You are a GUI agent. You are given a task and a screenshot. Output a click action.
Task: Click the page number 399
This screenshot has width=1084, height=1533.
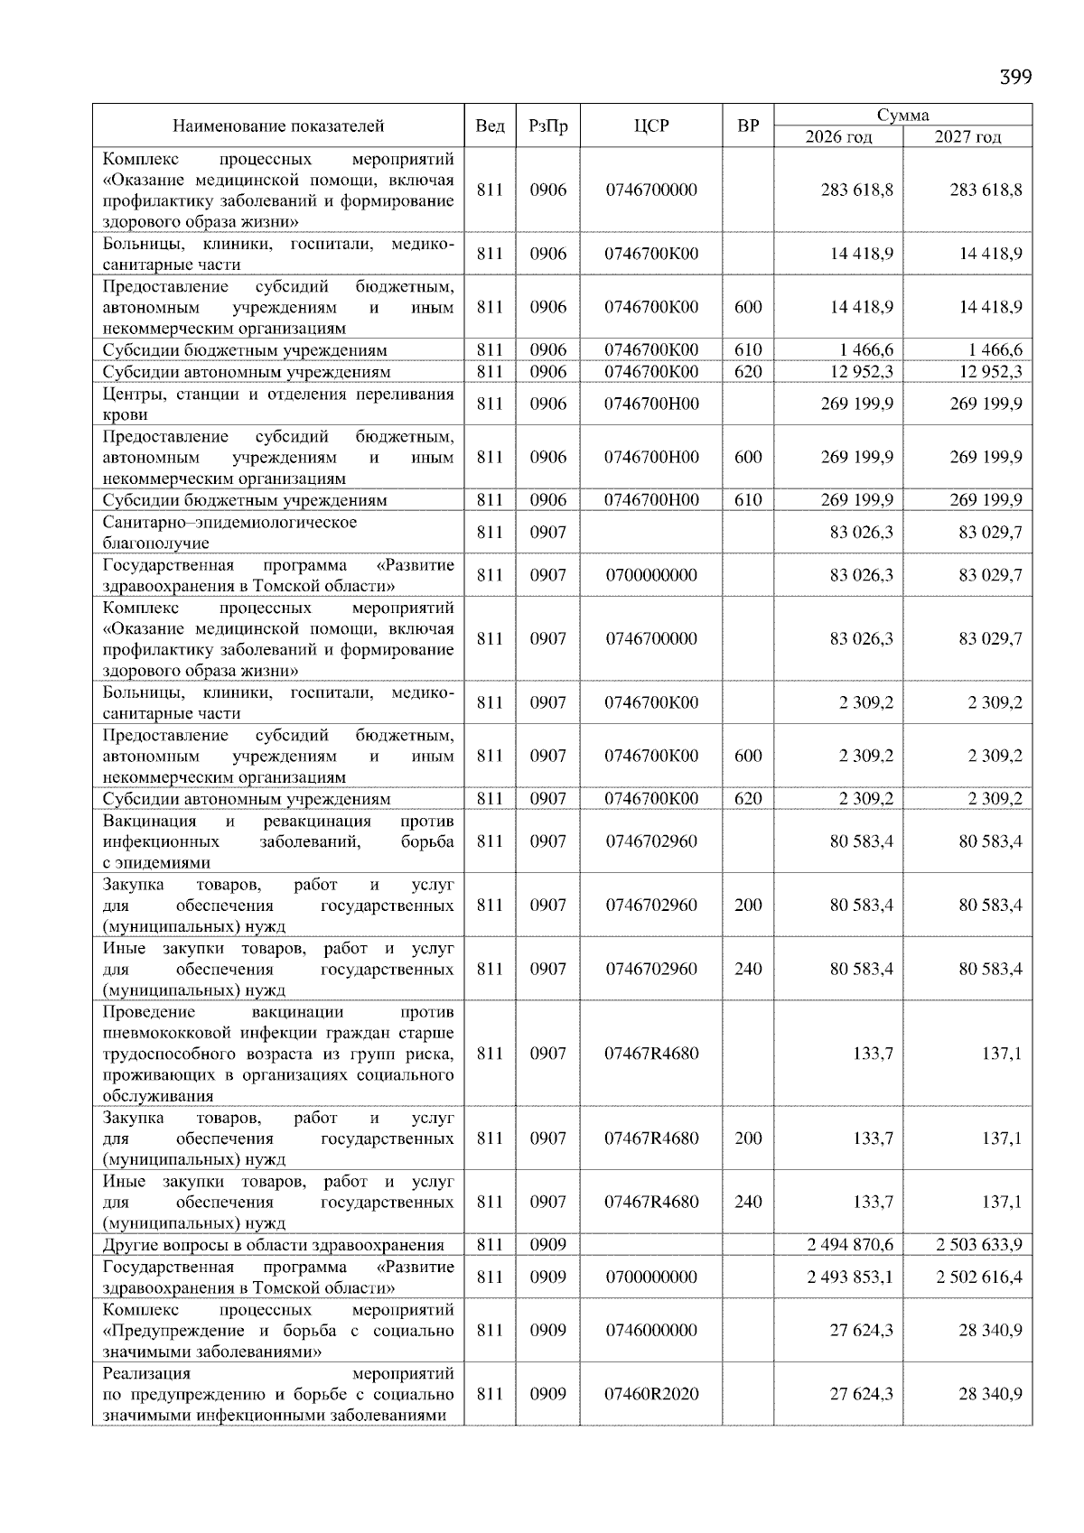(x=1014, y=77)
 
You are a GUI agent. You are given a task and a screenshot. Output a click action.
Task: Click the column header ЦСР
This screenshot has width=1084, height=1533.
(x=651, y=126)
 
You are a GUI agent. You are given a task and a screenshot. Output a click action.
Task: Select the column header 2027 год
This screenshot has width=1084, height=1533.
(x=967, y=137)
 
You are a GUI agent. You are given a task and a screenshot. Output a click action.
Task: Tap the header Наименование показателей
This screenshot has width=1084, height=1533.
(x=278, y=126)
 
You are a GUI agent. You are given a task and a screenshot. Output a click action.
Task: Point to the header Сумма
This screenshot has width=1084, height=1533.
(x=902, y=115)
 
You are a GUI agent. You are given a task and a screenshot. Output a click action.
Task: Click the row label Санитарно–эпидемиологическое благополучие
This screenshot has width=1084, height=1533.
(x=229, y=533)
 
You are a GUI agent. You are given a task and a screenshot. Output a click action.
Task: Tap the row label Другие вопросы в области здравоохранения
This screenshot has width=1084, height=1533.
(x=273, y=1245)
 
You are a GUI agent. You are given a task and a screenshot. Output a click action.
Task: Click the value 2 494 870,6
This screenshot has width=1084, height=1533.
(x=850, y=1245)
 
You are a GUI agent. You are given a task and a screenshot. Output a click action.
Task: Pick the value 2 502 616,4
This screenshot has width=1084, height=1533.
(x=979, y=1277)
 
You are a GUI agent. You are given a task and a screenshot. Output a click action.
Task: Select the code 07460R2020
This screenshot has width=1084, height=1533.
(x=651, y=1394)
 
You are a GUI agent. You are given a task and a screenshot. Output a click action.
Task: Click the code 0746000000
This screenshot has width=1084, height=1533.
(x=651, y=1330)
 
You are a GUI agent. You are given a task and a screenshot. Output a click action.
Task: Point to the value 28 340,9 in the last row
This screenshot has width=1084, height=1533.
(x=990, y=1394)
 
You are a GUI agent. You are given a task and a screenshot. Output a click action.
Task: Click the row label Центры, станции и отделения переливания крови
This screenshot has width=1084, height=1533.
(x=278, y=404)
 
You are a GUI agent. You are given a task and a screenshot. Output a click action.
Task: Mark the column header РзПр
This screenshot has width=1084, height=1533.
(x=547, y=126)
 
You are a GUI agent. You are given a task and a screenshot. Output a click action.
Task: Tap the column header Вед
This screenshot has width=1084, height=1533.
(x=490, y=126)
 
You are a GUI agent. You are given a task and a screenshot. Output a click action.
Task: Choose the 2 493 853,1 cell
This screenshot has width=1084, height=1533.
(x=850, y=1277)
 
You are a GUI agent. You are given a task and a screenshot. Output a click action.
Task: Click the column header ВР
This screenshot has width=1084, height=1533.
(x=748, y=126)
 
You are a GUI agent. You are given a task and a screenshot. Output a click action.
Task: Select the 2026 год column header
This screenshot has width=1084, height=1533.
(x=839, y=137)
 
